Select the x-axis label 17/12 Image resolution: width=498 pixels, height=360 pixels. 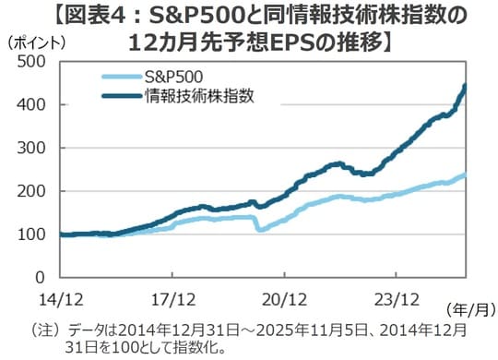(172, 298)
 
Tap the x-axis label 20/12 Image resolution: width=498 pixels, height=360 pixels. (283, 298)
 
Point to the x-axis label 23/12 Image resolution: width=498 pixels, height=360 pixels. (394, 298)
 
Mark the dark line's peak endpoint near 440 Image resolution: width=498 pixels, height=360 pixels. (465, 87)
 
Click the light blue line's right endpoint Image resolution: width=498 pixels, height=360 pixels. (465, 174)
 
